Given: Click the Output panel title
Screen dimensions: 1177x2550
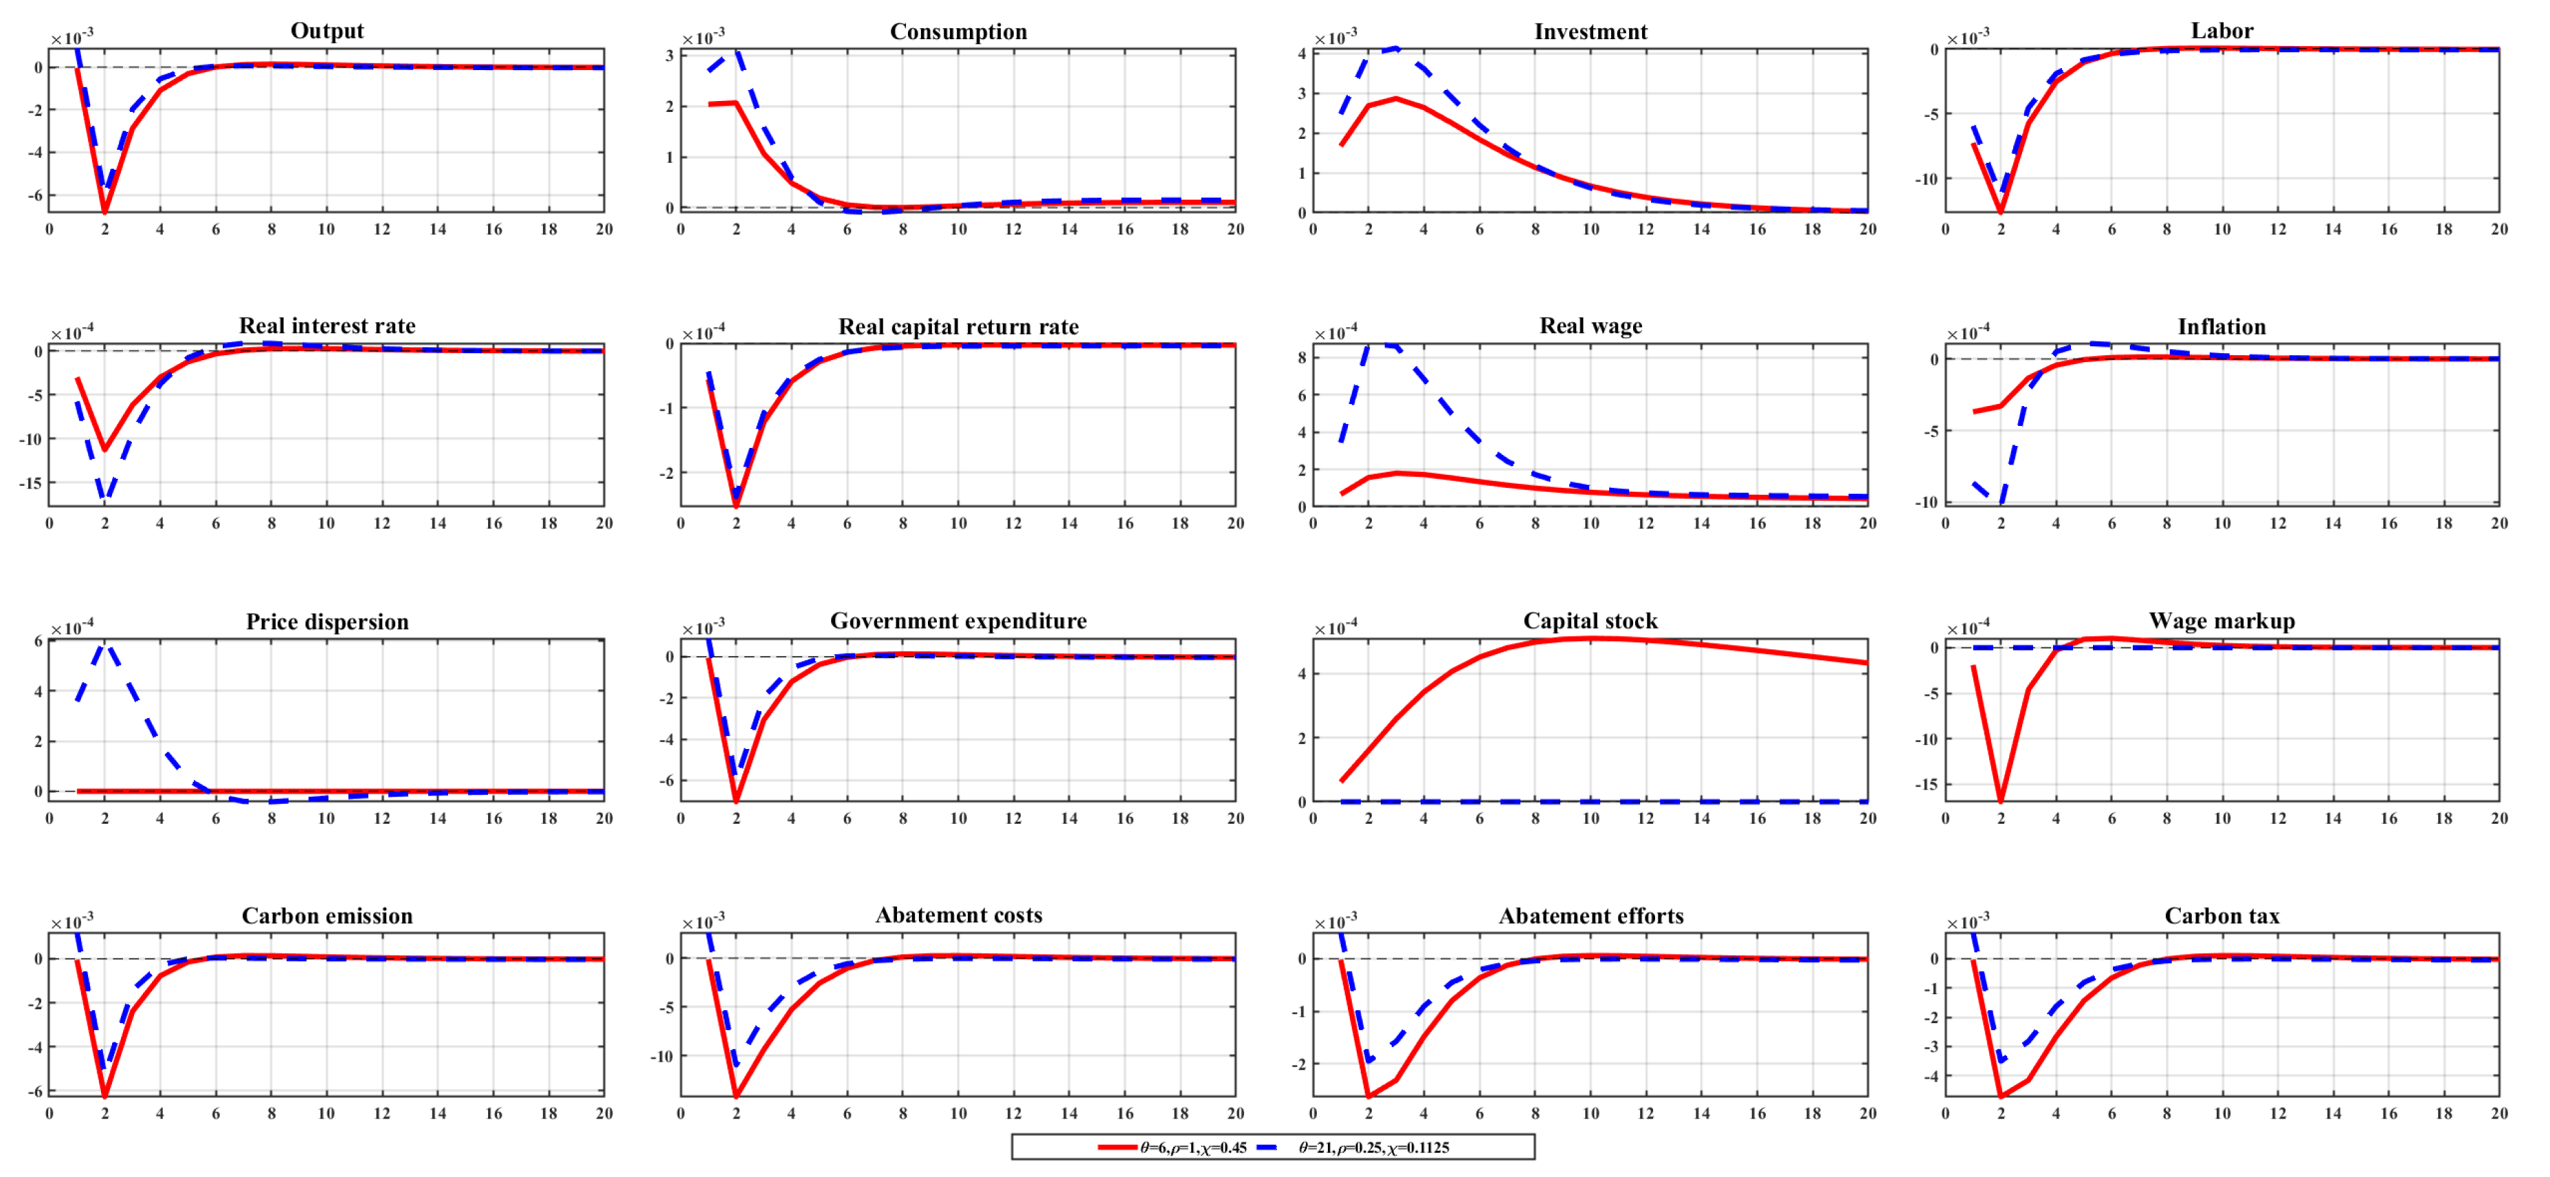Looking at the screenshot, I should click(x=326, y=31).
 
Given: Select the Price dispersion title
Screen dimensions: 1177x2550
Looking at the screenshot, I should click(x=326, y=622).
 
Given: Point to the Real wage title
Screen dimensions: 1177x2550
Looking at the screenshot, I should click(x=1590, y=326).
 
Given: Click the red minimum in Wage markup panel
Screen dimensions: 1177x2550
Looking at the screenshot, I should click(x=2001, y=799).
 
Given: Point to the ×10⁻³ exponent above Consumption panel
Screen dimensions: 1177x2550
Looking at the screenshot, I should click(x=703, y=38).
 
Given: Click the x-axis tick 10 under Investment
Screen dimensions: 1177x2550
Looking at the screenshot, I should click(x=1590, y=229).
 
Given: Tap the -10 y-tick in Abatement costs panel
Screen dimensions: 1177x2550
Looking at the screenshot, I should click(x=661, y=1056).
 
